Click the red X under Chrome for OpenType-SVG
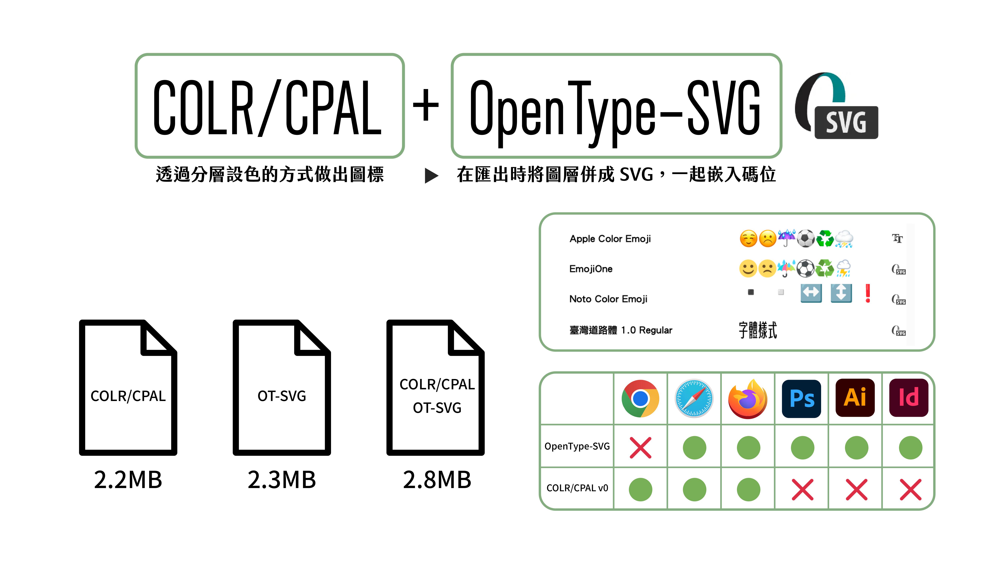click(640, 448)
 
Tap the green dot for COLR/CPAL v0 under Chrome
click(640, 489)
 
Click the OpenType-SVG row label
click(577, 446)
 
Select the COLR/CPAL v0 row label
click(577, 488)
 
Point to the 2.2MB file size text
click(128, 480)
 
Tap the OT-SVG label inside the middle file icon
click(282, 396)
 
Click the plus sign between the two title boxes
click(426, 105)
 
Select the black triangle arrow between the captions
click(431, 176)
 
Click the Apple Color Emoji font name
click(610, 239)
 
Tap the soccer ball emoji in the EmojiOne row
click(805, 269)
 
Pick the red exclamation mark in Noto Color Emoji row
click(867, 293)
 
